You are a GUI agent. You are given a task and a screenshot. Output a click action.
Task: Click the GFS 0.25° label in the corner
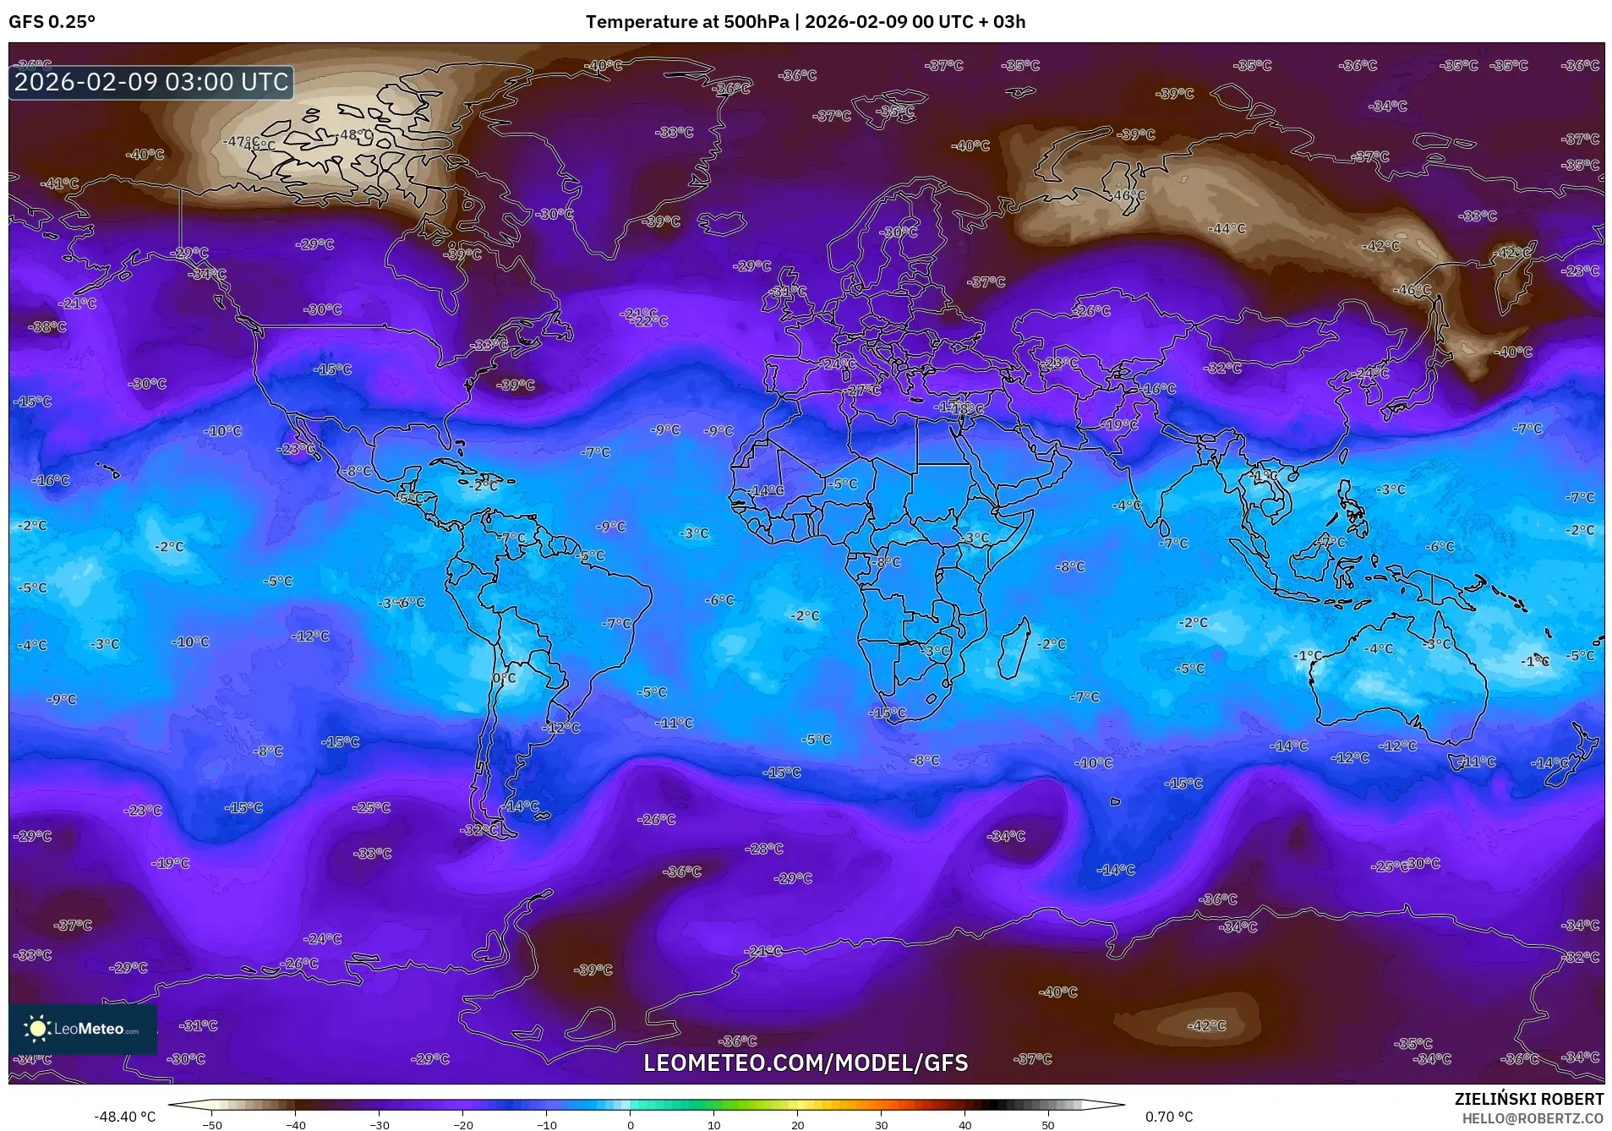(x=52, y=22)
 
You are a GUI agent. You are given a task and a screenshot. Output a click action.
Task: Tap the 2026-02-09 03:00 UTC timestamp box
(x=151, y=82)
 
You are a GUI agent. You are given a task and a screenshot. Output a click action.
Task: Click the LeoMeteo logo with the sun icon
(x=83, y=1029)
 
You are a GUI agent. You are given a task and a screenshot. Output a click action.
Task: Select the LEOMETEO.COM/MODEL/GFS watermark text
(x=806, y=1063)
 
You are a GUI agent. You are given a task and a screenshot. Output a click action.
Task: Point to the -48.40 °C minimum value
(x=124, y=1117)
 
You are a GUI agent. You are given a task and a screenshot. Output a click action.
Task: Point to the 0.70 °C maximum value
(x=1168, y=1117)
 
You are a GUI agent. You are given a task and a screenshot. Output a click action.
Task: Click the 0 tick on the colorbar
(x=630, y=1124)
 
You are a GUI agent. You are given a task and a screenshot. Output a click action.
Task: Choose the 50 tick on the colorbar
(x=1047, y=1124)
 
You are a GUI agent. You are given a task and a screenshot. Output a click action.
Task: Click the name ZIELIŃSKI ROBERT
(x=1528, y=1099)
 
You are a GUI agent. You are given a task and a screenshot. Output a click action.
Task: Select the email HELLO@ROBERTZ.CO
(x=1533, y=1118)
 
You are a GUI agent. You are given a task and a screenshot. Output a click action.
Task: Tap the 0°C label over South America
(x=504, y=678)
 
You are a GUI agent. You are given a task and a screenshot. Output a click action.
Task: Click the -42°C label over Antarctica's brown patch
(x=1206, y=1025)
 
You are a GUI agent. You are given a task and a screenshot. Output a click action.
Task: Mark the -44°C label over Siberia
(x=1227, y=229)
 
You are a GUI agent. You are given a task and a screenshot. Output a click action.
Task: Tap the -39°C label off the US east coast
(x=516, y=385)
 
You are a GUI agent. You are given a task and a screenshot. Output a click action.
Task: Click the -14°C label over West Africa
(x=766, y=490)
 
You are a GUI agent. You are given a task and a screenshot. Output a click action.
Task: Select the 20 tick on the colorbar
(x=797, y=1124)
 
